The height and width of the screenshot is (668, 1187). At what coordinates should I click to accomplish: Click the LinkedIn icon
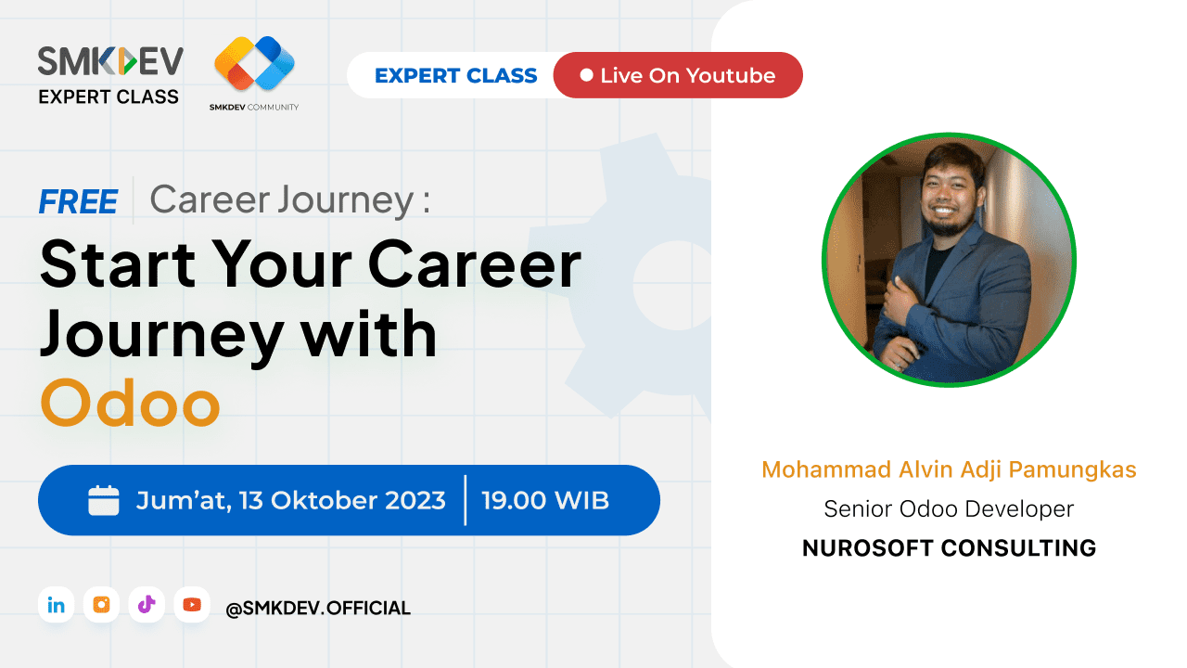pyautogui.click(x=56, y=605)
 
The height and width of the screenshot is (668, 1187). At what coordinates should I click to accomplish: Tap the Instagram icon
pyautogui.click(x=101, y=605)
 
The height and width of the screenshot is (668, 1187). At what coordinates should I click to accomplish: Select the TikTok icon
pyautogui.click(x=147, y=605)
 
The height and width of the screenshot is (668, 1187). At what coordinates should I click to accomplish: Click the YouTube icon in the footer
pyautogui.click(x=192, y=605)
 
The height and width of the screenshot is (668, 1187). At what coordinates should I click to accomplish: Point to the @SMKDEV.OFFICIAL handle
pyautogui.click(x=317, y=609)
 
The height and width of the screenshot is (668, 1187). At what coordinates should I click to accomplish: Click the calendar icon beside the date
pyautogui.click(x=104, y=500)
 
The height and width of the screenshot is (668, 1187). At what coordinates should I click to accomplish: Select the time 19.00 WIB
pyautogui.click(x=545, y=501)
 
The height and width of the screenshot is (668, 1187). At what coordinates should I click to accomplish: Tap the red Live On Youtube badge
pyautogui.click(x=678, y=75)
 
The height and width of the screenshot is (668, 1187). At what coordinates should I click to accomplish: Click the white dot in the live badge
pyautogui.click(x=586, y=75)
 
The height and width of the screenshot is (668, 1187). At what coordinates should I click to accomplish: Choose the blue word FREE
pyautogui.click(x=78, y=201)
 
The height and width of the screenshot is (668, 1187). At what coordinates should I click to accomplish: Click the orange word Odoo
pyautogui.click(x=130, y=403)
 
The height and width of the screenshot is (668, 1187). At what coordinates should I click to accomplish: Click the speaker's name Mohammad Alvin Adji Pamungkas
pyautogui.click(x=949, y=469)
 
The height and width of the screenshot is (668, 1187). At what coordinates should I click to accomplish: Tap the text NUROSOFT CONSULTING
pyautogui.click(x=949, y=548)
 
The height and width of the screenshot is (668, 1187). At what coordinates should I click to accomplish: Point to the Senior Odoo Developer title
pyautogui.click(x=949, y=509)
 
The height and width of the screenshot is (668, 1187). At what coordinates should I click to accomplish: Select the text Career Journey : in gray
pyautogui.click(x=290, y=199)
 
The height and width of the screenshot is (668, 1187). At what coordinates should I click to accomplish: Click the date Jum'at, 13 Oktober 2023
pyautogui.click(x=290, y=501)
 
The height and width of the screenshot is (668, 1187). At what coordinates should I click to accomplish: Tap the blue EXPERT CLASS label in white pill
pyautogui.click(x=455, y=76)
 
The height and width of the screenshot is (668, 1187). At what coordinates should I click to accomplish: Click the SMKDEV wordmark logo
pyautogui.click(x=110, y=61)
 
